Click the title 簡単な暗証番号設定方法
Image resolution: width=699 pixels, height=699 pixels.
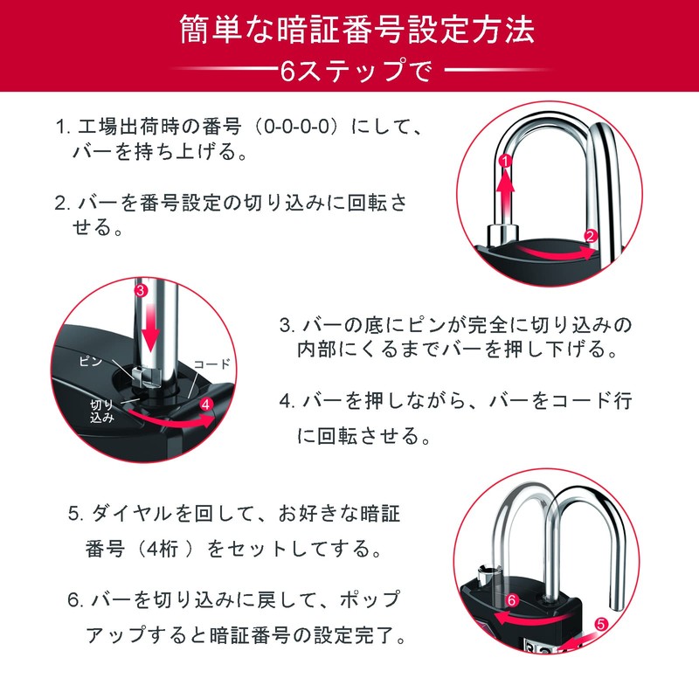coord(349,30)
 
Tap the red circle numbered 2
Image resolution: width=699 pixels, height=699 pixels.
coord(592,235)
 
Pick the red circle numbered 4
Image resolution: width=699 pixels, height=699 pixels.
coord(206,405)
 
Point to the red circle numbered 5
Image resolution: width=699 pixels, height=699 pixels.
coord(601,624)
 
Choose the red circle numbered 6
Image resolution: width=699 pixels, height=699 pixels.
coord(513,600)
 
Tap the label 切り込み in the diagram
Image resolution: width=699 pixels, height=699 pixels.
coord(102,412)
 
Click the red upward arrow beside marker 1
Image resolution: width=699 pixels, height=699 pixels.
coord(504,188)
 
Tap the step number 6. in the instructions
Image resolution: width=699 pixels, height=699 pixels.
coord(75,601)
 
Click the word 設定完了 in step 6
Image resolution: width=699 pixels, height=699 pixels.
coord(365,635)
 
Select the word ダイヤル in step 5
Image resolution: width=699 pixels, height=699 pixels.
coord(128,512)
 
